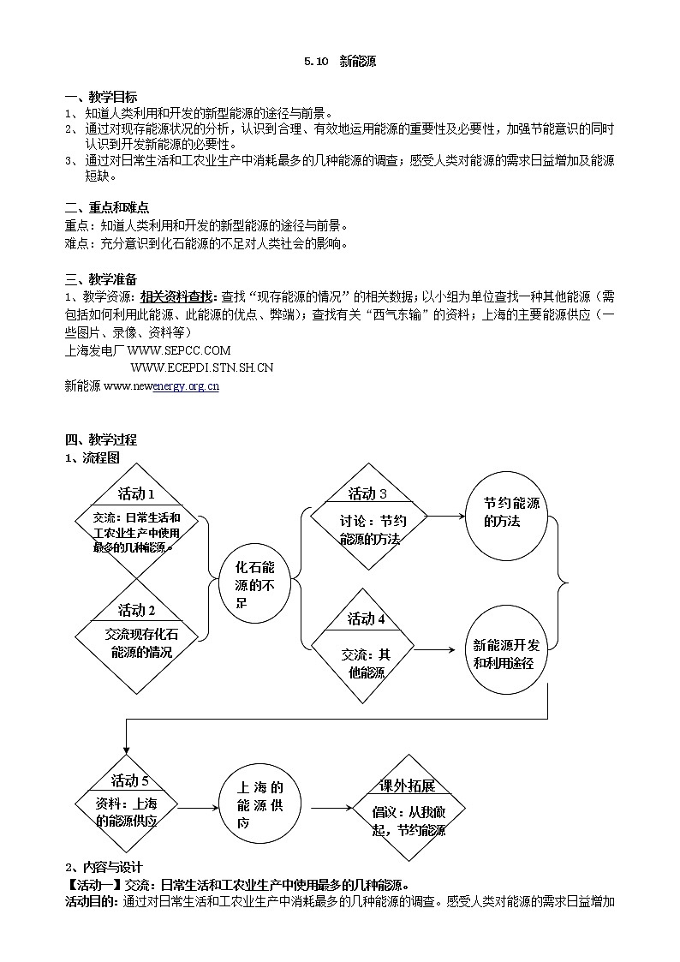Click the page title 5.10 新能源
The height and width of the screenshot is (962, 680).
coord(339,62)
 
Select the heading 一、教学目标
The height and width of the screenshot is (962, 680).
coord(101,97)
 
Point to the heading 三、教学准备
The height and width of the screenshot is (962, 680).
coord(101,280)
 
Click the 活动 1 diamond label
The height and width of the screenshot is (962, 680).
coord(136,494)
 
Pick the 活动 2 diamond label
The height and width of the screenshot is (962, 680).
coord(136,611)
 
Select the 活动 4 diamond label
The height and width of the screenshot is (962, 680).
coord(367,619)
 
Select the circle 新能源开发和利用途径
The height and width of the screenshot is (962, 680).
coord(506,654)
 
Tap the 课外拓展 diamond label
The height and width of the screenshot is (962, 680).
coord(408,786)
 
